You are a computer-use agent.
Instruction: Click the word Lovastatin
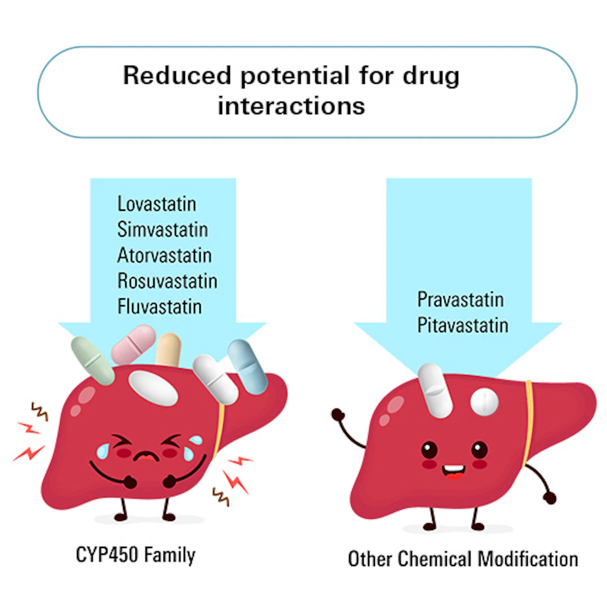coord(156,204)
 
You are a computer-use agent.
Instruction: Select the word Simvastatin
coord(162,229)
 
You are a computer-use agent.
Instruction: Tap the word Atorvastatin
coord(165,256)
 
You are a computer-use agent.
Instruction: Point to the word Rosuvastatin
coord(167,281)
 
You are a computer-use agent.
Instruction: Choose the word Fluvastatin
coord(160,307)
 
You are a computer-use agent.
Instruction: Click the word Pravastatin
coord(460,300)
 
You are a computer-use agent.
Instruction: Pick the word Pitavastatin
coord(463,325)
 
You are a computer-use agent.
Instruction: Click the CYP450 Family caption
coord(135,555)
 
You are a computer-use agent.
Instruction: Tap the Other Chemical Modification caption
coord(463,559)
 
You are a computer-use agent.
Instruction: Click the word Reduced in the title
coord(177,75)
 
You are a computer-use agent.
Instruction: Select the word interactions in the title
coord(291,106)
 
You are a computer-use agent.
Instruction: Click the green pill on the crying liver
coord(93,361)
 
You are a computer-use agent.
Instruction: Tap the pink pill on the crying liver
coord(134,344)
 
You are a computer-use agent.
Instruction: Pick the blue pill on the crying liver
coord(248,367)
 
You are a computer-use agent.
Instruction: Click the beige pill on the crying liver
coord(169,350)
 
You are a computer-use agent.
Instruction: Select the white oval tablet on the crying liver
coord(153,388)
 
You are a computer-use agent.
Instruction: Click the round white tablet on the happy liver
coord(484,402)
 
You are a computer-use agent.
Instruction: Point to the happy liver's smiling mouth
coord(454,472)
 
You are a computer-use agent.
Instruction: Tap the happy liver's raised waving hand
coord(338,415)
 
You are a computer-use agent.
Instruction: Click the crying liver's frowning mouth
coord(146,456)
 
